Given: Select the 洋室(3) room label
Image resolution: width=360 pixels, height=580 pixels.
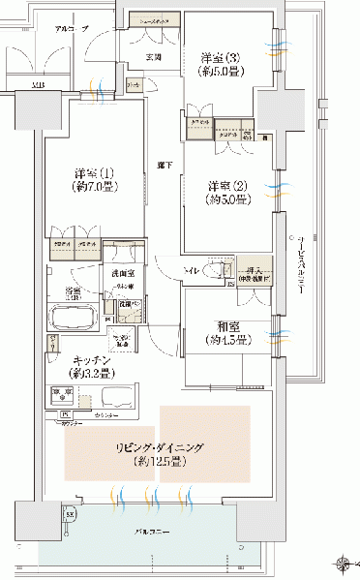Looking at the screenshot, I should [220, 55].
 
